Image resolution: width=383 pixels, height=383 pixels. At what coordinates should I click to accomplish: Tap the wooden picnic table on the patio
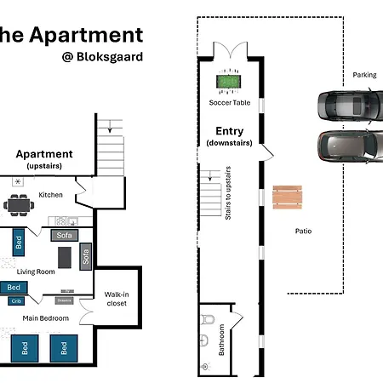pyautogui.click(x=287, y=198)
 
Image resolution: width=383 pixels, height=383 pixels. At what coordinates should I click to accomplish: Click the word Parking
pyautogui.click(x=364, y=75)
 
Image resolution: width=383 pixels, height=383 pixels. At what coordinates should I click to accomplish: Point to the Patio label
pyautogui.click(x=303, y=231)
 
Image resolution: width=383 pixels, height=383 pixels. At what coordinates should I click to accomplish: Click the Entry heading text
pyautogui.click(x=230, y=131)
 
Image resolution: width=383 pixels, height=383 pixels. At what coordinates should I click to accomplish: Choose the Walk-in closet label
pyautogui.click(x=116, y=298)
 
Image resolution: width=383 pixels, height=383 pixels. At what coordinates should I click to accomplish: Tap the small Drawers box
pyautogui.click(x=65, y=300)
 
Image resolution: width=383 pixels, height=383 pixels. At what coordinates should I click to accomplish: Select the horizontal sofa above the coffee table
pyautogui.click(x=64, y=235)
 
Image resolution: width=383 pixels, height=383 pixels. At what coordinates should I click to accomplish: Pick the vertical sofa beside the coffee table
pyautogui.click(x=85, y=255)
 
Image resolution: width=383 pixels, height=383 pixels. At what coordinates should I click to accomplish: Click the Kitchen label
pyautogui.click(x=51, y=195)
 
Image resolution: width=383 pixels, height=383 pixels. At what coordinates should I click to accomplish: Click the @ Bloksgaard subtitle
pyautogui.click(x=102, y=57)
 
